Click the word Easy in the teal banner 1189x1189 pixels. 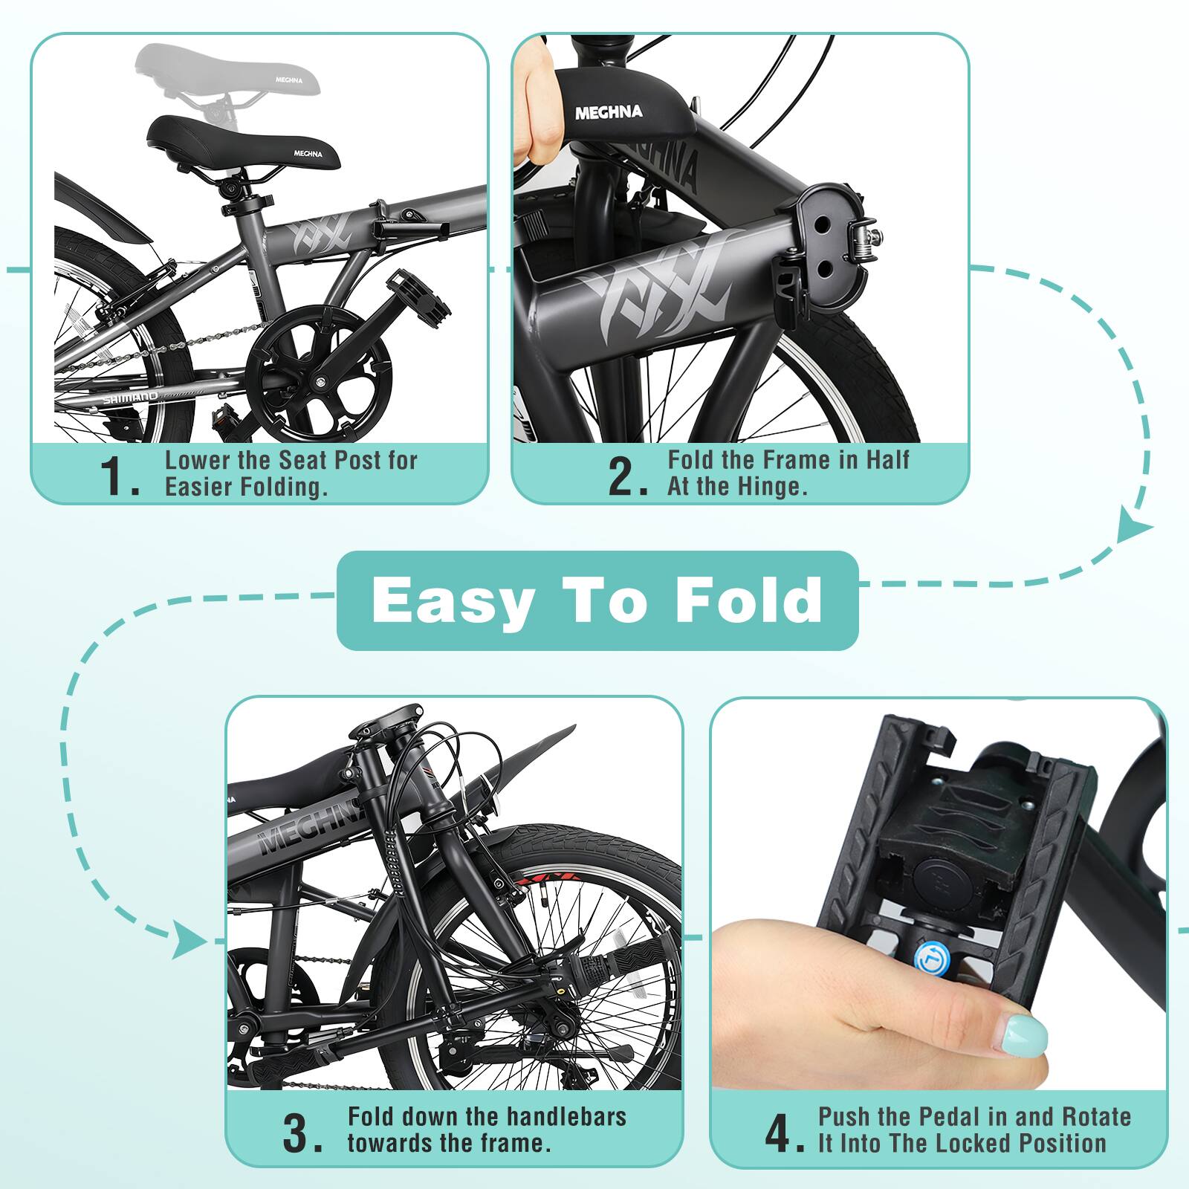point(453,600)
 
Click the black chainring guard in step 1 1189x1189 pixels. point(320,372)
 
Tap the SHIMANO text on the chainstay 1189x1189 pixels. point(131,399)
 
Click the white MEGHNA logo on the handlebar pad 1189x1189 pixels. point(609,113)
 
